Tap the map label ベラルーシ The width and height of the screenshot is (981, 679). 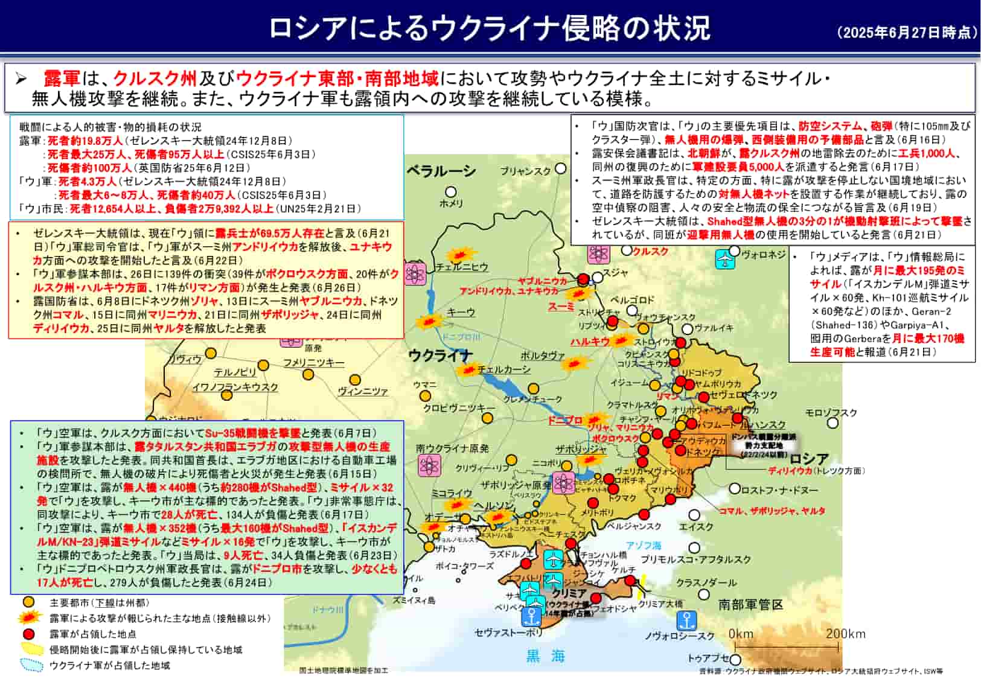click(x=441, y=171)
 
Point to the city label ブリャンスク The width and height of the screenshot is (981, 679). click(x=525, y=171)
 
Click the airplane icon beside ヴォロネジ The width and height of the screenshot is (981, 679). click(x=724, y=258)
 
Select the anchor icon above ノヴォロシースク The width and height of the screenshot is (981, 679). click(x=686, y=620)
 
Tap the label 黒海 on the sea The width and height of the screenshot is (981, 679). click(x=545, y=656)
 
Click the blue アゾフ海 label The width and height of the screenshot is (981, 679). click(x=643, y=545)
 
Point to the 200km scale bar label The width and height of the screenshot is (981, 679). click(x=845, y=634)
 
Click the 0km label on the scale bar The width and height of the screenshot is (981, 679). click(x=741, y=634)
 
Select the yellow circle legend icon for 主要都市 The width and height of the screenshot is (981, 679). click(x=28, y=602)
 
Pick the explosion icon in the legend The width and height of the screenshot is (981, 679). click(x=30, y=618)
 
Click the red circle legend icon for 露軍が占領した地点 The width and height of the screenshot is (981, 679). click(x=28, y=634)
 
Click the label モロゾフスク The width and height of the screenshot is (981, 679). click(x=831, y=413)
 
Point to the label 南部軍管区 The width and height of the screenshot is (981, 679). click(x=750, y=604)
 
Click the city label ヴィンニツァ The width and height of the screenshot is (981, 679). click(x=362, y=391)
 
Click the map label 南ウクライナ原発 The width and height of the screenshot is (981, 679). click(x=452, y=448)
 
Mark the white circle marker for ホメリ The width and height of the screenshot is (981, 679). click(x=450, y=192)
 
